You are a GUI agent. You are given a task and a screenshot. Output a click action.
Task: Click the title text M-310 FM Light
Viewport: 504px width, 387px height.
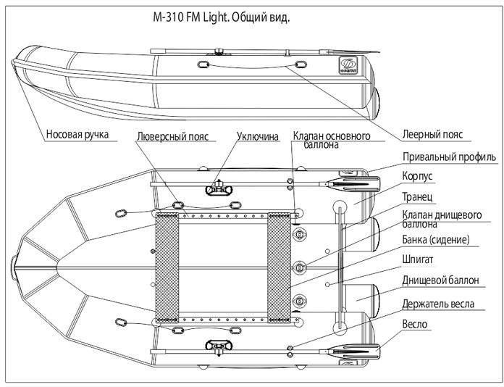pyautogui.click(x=190, y=17)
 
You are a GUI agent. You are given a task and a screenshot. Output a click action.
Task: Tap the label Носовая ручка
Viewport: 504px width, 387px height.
pyautogui.click(x=77, y=134)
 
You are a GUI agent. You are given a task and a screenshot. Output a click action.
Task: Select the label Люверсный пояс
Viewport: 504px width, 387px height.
pyautogui.click(x=172, y=136)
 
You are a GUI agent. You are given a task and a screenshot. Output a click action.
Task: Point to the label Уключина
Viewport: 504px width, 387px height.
pyautogui.click(x=258, y=136)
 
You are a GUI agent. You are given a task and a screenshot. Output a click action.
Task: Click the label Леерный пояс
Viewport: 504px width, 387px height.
pyautogui.click(x=432, y=134)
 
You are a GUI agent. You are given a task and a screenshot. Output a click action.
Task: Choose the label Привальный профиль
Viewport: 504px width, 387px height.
pyautogui.click(x=450, y=157)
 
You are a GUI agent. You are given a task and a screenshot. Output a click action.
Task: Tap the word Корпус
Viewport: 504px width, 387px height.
pyautogui.click(x=418, y=176)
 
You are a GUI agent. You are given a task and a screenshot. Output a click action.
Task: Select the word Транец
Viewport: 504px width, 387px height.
pyautogui.click(x=418, y=196)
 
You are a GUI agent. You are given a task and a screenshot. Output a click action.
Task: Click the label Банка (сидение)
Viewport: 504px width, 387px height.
pyautogui.click(x=436, y=239)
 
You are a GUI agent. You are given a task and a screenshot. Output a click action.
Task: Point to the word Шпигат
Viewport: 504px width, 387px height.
pyautogui.click(x=418, y=259)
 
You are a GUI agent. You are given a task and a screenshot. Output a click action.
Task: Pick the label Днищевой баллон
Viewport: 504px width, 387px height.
pyautogui.click(x=441, y=280)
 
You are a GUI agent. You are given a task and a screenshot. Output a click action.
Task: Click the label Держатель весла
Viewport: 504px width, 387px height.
pyautogui.click(x=438, y=304)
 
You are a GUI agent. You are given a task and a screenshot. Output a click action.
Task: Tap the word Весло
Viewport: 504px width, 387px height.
pyautogui.click(x=415, y=324)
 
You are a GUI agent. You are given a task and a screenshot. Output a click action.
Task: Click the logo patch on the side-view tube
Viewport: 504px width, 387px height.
pyautogui.click(x=348, y=65)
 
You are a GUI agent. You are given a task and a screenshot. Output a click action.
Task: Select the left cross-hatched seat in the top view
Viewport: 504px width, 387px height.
pyautogui.click(x=167, y=268)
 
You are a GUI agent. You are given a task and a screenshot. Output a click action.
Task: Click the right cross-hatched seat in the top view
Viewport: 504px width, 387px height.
pyautogui.click(x=279, y=268)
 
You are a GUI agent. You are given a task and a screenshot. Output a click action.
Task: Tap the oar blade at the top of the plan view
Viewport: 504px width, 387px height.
pyautogui.click(x=354, y=184)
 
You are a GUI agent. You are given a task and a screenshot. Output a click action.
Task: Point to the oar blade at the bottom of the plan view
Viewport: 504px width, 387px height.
pyautogui.click(x=354, y=351)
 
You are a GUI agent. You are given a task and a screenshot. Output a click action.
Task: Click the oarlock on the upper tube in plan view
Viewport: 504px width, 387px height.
pyautogui.click(x=219, y=188)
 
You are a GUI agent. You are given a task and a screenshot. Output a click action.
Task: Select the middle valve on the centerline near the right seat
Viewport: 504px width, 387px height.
pyautogui.click(x=300, y=267)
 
